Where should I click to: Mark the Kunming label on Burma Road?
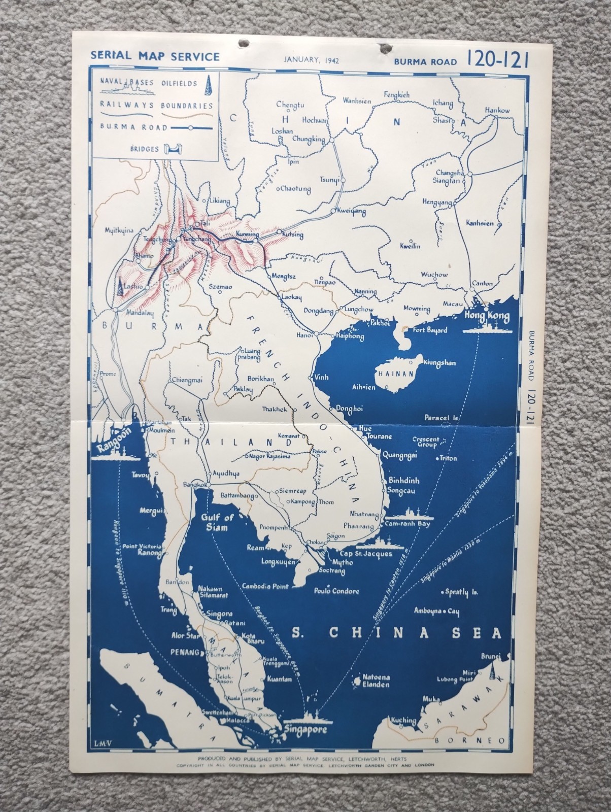point(248,234)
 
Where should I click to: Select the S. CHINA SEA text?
point(396,633)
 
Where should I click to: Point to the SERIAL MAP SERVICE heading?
point(155,57)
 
